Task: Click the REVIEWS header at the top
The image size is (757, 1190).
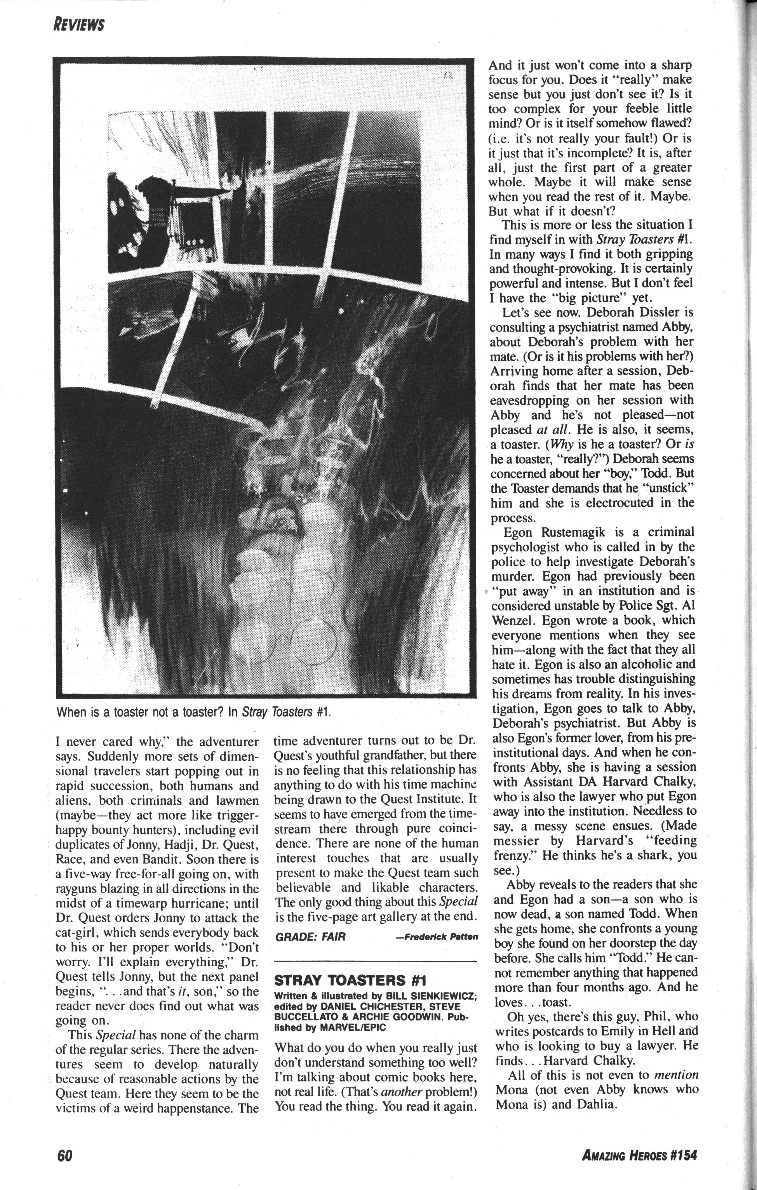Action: pyautogui.click(x=79, y=24)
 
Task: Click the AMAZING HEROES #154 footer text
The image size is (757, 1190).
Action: pyautogui.click(x=639, y=1156)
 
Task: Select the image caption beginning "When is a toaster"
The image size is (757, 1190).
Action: pyautogui.click(x=193, y=712)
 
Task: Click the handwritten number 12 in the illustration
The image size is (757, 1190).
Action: pyautogui.click(x=448, y=77)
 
